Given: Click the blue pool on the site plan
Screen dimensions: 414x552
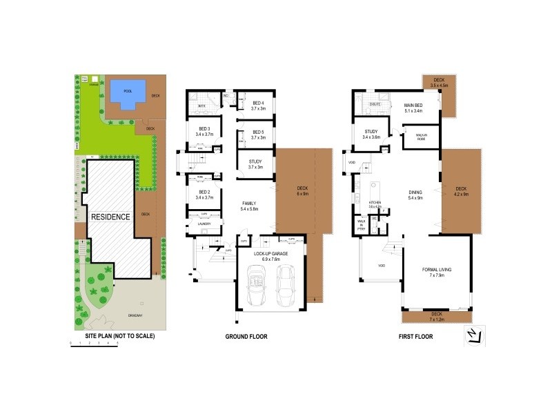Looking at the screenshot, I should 128,92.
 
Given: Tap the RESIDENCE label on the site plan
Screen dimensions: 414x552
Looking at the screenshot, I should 110,217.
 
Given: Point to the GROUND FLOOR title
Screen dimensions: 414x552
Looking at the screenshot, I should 246,336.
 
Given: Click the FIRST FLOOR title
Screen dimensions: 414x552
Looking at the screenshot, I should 415,336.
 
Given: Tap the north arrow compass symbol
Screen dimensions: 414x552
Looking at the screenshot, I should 472,335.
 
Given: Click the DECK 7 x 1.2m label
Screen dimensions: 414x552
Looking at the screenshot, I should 436,317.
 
